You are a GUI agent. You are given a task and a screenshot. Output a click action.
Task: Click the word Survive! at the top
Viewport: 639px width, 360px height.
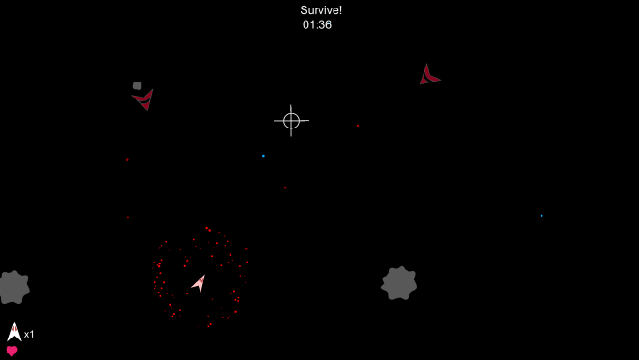pos(320,10)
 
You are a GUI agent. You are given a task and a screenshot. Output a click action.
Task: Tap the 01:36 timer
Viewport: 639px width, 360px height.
pos(317,25)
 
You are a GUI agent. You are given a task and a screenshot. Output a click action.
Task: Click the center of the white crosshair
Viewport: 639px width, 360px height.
pos(291,120)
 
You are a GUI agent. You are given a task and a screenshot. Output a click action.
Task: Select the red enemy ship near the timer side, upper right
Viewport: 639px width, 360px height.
pos(427,77)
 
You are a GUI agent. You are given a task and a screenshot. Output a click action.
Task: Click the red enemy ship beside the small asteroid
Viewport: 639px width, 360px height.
pos(143,97)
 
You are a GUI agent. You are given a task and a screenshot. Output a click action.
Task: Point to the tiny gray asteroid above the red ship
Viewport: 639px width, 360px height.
pos(138,85)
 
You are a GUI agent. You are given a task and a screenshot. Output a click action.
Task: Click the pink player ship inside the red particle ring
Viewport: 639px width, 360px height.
pos(199,282)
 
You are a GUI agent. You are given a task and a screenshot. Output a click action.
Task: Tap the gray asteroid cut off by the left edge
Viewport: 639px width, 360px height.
pos(12,287)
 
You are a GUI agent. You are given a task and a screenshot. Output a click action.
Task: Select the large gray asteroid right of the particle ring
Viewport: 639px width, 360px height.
pos(399,282)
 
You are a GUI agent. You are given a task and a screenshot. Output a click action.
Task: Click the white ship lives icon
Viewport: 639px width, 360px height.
pos(14,331)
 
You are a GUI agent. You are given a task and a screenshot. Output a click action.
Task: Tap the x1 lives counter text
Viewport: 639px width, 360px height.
pos(29,335)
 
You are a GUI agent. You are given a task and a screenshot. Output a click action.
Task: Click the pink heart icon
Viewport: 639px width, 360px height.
pos(11,352)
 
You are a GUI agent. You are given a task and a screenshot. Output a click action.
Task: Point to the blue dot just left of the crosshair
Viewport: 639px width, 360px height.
pos(263,156)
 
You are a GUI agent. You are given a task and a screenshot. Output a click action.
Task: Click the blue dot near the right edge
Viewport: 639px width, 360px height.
pos(541,216)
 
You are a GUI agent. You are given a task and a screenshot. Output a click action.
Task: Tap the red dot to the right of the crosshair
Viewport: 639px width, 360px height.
pos(357,126)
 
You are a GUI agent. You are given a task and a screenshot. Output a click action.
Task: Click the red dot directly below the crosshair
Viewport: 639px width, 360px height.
pos(285,187)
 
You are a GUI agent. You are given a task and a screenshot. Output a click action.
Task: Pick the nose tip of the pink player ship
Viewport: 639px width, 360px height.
pos(205,275)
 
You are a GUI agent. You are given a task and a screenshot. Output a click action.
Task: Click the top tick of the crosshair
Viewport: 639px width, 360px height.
pos(291,108)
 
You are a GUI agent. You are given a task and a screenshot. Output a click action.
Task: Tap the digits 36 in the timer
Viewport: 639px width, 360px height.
pos(324,25)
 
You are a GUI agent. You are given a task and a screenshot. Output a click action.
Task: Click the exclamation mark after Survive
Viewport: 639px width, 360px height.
pos(340,10)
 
